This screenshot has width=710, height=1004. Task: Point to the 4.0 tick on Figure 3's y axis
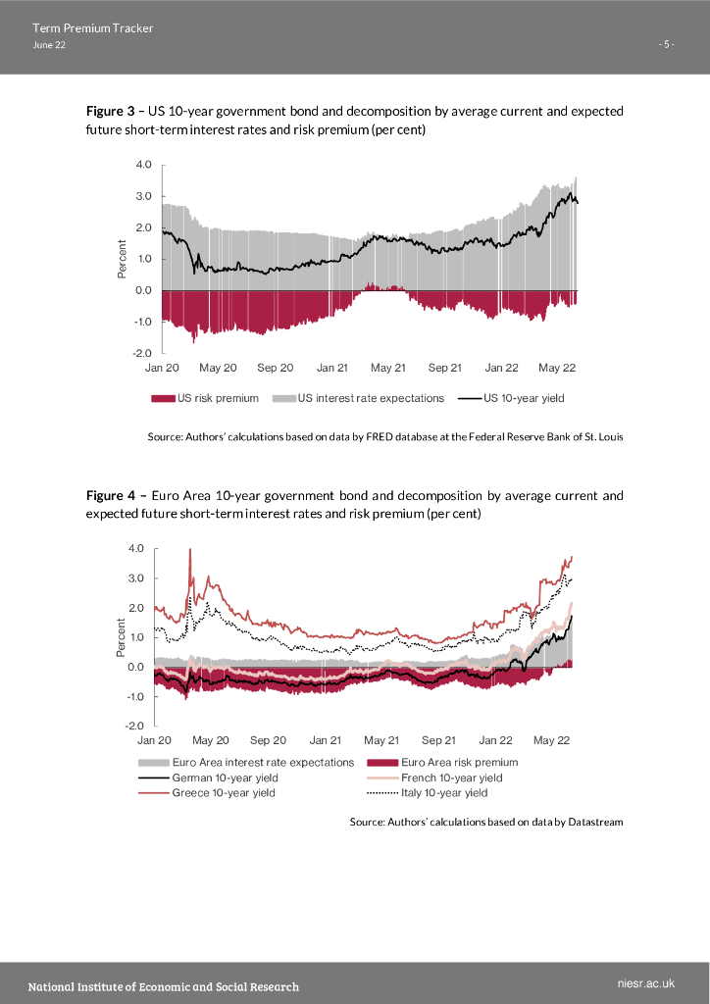(143, 165)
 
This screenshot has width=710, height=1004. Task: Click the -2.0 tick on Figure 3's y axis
(141, 353)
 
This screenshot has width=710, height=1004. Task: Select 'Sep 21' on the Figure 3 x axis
(444, 368)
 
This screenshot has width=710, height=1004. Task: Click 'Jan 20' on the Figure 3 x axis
(162, 368)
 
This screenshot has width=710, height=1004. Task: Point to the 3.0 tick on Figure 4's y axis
(136, 578)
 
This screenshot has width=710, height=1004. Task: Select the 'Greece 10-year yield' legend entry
(223, 793)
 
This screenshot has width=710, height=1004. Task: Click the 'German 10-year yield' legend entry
(225, 778)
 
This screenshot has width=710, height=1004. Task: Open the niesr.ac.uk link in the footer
(647, 982)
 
